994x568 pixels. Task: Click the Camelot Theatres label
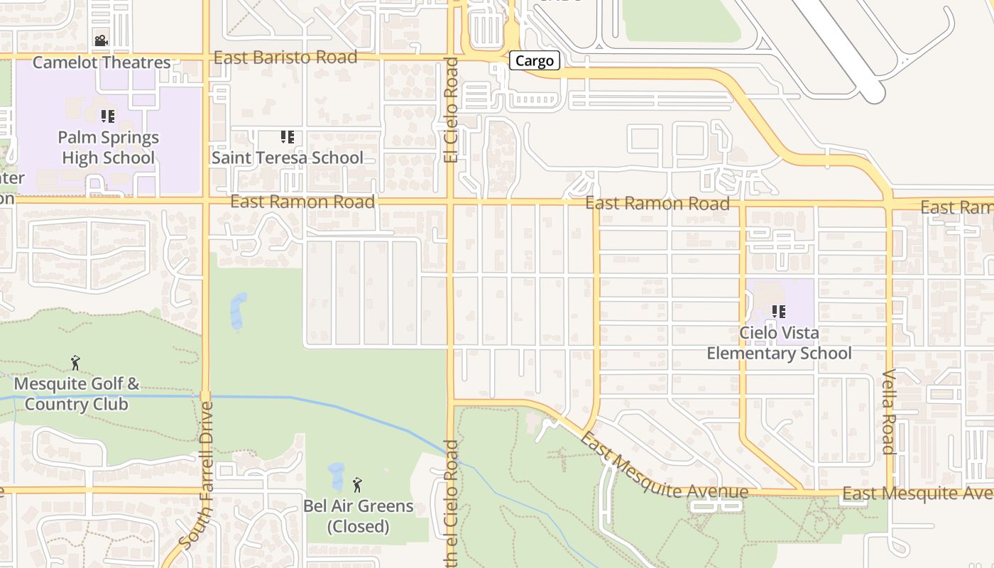(x=102, y=62)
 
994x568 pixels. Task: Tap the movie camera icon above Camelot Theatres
(x=101, y=41)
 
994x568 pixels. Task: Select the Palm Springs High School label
(x=108, y=147)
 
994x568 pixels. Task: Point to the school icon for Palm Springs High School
(x=107, y=116)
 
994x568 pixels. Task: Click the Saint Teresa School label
(x=288, y=158)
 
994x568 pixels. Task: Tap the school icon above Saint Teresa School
(x=287, y=137)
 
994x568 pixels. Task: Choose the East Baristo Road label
(x=285, y=58)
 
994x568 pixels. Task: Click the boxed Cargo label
(x=534, y=61)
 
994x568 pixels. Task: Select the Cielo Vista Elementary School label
(x=779, y=343)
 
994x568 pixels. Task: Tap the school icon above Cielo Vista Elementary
(x=779, y=312)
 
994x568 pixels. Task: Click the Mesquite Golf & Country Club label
(x=77, y=394)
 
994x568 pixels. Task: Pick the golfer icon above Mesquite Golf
(x=76, y=364)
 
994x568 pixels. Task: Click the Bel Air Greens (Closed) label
(x=358, y=516)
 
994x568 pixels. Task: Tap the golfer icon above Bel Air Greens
(x=357, y=486)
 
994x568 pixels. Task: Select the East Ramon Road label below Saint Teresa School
(x=302, y=202)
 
